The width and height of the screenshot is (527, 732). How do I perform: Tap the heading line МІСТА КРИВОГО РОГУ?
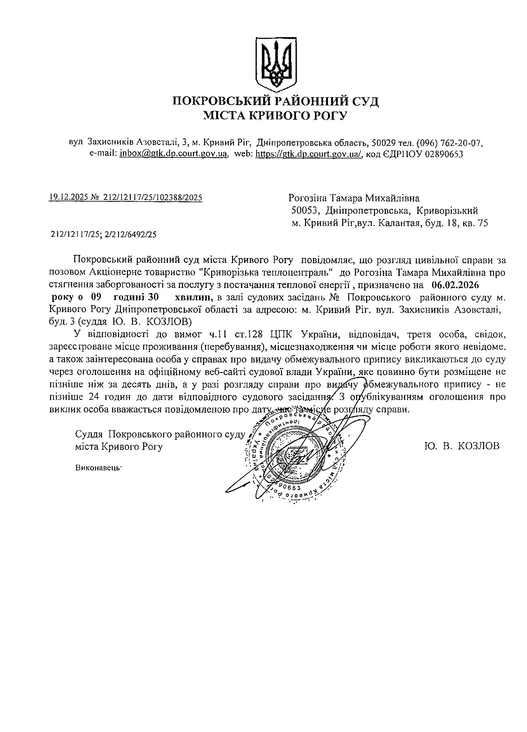click(275, 116)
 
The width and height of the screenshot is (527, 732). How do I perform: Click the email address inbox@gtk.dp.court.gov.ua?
click(174, 154)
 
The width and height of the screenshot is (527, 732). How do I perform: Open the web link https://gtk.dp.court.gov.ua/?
click(309, 154)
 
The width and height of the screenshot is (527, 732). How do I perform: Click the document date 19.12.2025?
click(69, 197)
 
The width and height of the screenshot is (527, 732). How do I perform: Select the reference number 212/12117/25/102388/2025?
click(153, 197)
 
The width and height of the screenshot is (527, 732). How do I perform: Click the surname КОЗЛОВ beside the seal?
click(479, 446)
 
